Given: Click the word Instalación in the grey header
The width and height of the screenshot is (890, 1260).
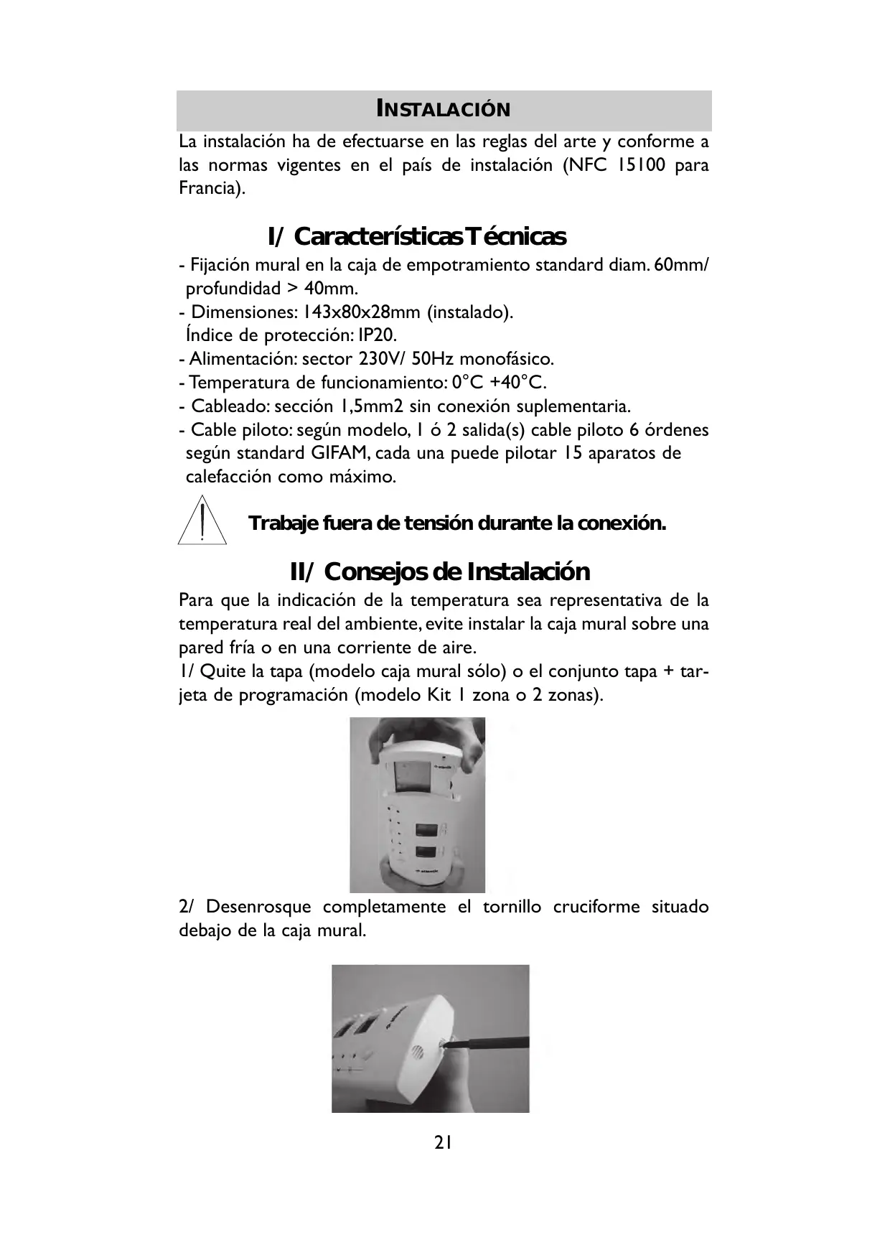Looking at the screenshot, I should pyautogui.click(x=444, y=110).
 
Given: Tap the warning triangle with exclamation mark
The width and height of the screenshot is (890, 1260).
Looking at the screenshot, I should pyautogui.click(x=203, y=523).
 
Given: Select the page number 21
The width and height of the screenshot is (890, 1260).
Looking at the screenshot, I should pyautogui.click(x=443, y=1142).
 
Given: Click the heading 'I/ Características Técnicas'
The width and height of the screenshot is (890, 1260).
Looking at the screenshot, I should pyautogui.click(x=416, y=236).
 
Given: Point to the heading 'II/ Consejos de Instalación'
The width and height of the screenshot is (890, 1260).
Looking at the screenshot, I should pyautogui.click(x=439, y=571).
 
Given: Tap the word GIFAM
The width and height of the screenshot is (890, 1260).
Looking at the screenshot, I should pyautogui.click(x=340, y=453).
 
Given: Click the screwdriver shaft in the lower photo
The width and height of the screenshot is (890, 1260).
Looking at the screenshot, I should pyautogui.click(x=495, y=1042).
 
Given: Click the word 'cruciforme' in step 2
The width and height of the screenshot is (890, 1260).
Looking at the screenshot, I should pyautogui.click(x=596, y=907).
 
